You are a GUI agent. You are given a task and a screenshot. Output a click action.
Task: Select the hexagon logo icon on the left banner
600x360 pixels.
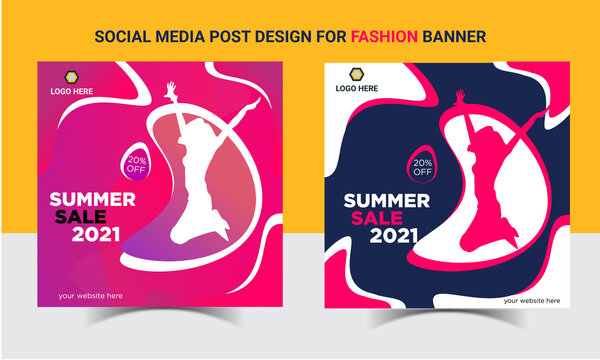pyautogui.click(x=71, y=76)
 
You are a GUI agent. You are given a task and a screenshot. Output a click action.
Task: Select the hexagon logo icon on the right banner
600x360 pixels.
pyautogui.click(x=356, y=74)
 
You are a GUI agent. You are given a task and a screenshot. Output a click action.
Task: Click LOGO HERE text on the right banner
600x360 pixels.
pyautogui.click(x=356, y=89)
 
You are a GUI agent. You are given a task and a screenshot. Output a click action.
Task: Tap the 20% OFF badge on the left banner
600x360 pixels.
pyautogui.click(x=136, y=162)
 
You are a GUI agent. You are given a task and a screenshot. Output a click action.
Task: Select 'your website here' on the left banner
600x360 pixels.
pyautogui.click(x=91, y=295)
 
